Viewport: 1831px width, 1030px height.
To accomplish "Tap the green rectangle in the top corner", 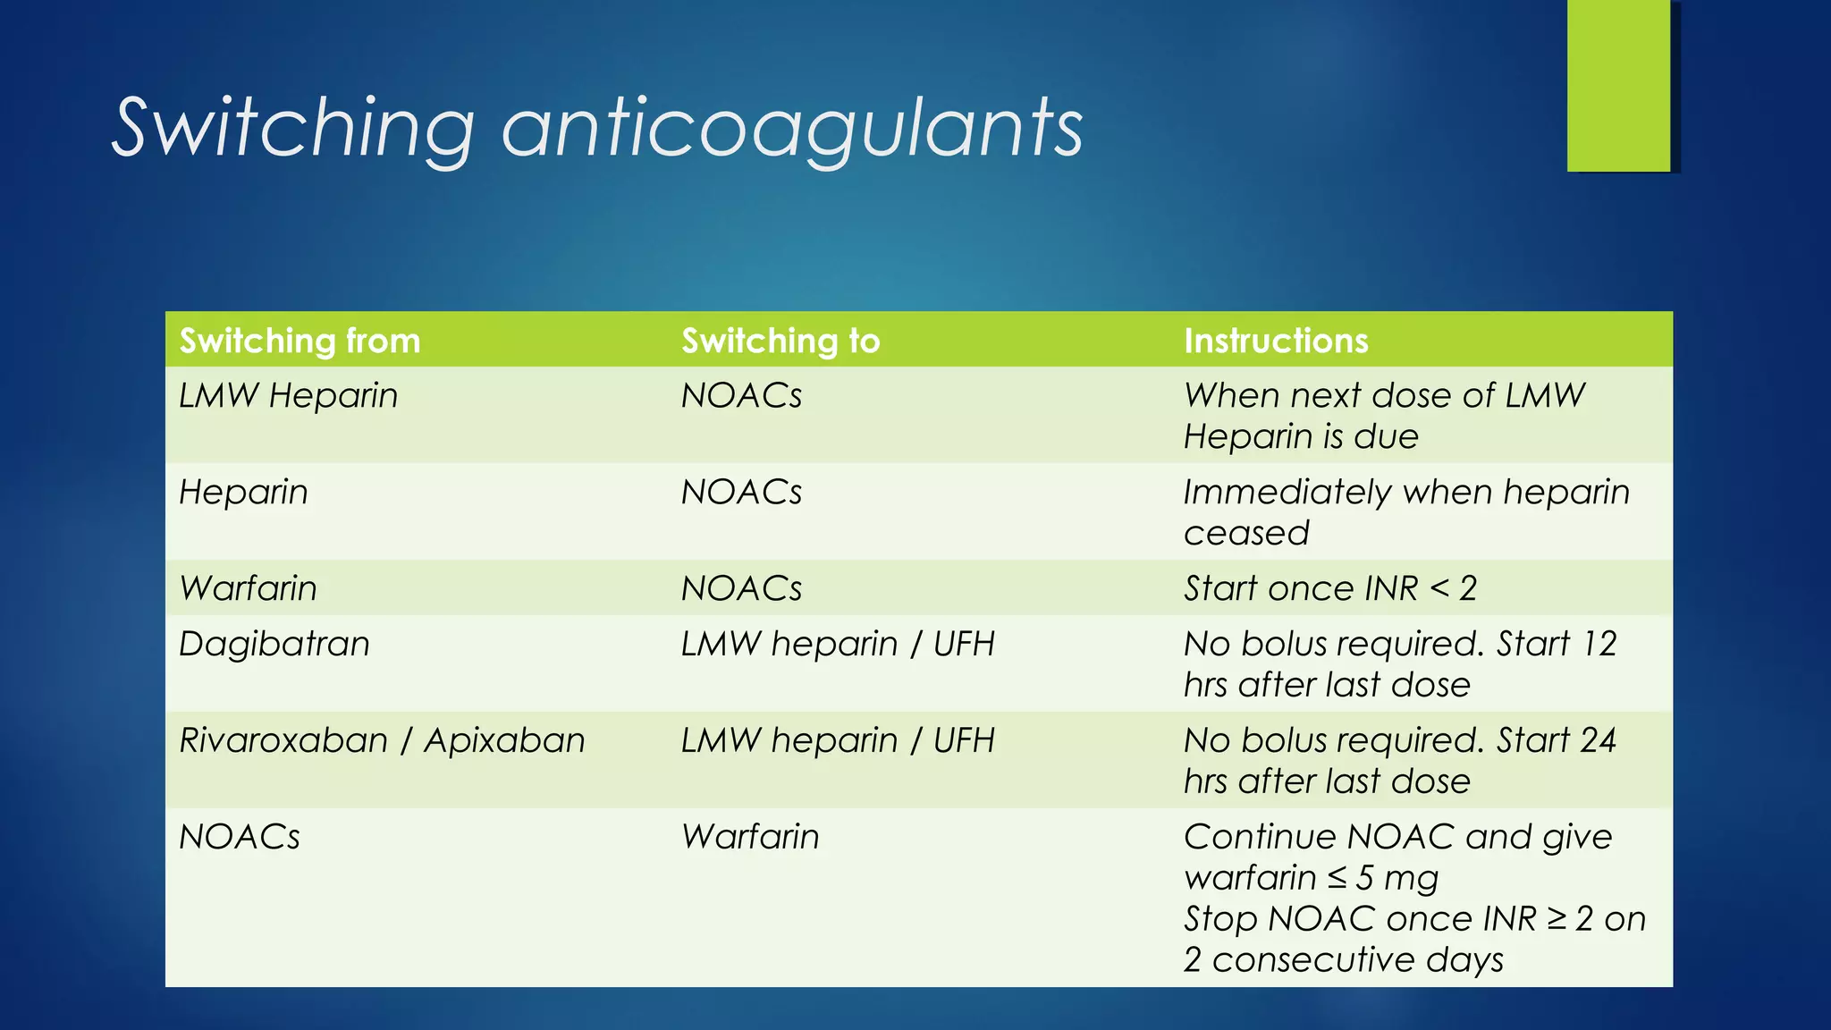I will (1618, 86).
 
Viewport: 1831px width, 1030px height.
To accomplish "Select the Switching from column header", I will (300, 341).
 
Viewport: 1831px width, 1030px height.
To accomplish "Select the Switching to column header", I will (780, 341).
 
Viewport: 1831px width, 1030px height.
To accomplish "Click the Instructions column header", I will (1276, 341).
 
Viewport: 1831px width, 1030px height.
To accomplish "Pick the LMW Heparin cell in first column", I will (288, 395).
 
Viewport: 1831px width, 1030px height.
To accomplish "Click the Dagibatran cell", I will (274, 644).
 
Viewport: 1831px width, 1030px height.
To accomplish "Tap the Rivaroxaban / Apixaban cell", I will (382, 740).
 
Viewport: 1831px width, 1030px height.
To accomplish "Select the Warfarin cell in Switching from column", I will (248, 588).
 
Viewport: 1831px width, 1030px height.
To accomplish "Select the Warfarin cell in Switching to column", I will (749, 837).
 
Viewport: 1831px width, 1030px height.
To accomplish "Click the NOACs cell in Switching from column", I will (240, 837).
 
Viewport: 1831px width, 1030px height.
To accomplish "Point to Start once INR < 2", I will (1329, 588).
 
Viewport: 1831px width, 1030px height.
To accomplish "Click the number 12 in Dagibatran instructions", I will (1599, 644).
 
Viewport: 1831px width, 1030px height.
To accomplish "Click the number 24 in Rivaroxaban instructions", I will (1598, 740).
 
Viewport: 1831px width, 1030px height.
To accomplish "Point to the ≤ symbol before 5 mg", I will (1337, 878).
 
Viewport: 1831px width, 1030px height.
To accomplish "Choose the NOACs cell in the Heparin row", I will (741, 492).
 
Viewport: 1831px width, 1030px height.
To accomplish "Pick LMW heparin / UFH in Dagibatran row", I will (837, 644).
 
